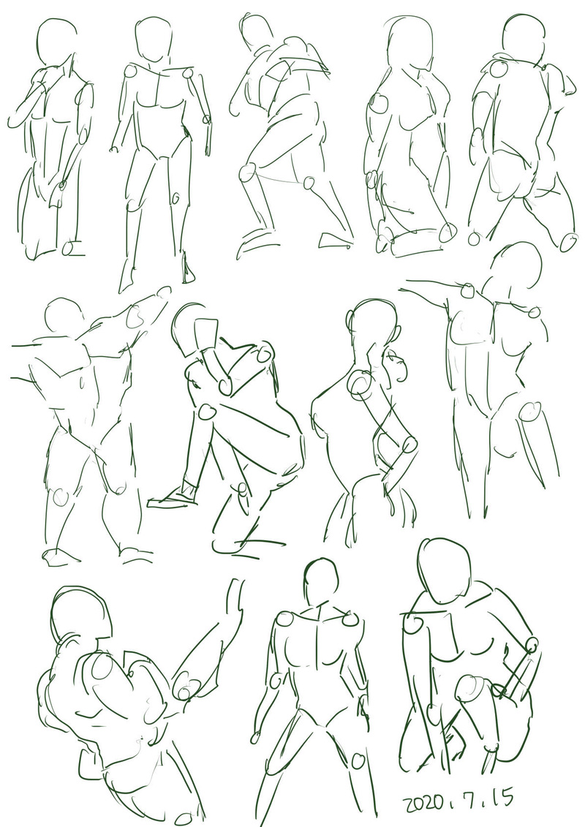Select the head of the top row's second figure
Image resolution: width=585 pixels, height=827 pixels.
pos(154,39)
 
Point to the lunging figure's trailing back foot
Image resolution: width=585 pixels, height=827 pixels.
pos(336,240)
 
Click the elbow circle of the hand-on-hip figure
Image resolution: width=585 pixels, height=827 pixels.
pos(409,445)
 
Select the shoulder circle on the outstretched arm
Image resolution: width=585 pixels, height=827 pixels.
pos(467,290)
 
